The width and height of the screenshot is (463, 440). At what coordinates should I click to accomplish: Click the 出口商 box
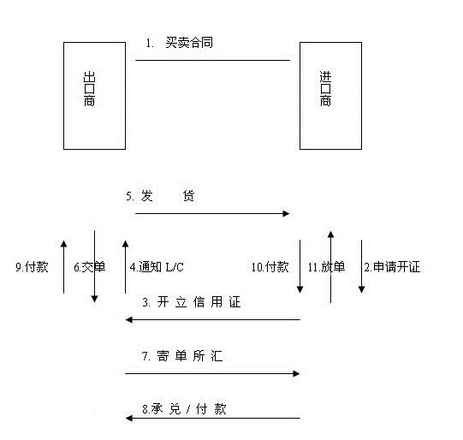point(94,95)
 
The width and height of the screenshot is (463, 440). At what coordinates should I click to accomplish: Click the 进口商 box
point(330,95)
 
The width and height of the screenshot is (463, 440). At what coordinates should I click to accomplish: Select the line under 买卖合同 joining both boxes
point(212,61)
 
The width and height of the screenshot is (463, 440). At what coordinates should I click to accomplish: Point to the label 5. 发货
point(161,196)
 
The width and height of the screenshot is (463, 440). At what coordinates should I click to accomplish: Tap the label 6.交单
point(89,267)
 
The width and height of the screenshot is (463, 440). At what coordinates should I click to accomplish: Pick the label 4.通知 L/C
point(157,267)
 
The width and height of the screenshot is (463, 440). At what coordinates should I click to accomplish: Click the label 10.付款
point(270,267)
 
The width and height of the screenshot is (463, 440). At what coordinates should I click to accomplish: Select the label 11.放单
point(326,267)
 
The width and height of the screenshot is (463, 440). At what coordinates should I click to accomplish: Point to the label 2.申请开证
point(392,267)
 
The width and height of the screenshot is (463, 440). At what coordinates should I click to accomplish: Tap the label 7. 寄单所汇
point(183,356)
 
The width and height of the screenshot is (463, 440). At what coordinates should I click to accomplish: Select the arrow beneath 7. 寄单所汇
point(212,373)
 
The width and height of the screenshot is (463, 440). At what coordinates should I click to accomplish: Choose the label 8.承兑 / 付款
point(184,410)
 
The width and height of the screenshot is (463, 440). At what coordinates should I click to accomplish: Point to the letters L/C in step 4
point(174,267)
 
